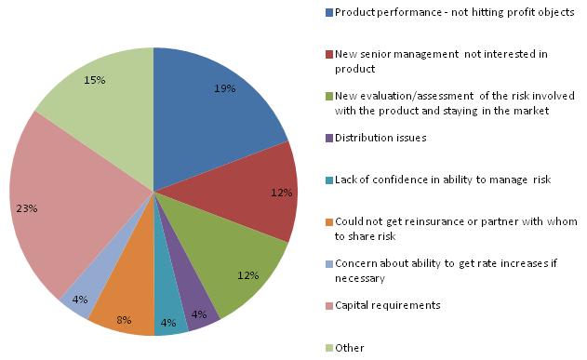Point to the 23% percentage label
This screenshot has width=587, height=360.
[x=26, y=208]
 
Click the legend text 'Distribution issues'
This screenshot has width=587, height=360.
[x=381, y=138]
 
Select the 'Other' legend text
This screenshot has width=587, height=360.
[x=350, y=347]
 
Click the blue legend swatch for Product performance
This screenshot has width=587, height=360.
[x=328, y=12]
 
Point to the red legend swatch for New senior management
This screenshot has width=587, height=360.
[x=328, y=54]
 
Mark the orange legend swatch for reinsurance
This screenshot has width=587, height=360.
[x=328, y=221]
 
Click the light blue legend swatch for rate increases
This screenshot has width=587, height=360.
[x=328, y=263]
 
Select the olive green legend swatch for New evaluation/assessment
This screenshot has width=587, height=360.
[x=328, y=96]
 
